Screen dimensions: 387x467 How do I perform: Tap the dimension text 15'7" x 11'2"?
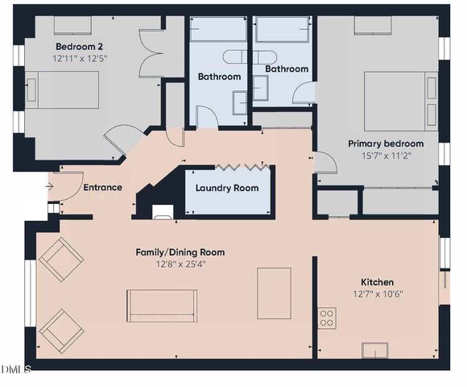(379, 156)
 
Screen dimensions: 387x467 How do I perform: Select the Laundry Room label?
(227, 188)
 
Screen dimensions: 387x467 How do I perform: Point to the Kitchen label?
(377, 282)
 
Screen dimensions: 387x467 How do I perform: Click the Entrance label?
(103, 188)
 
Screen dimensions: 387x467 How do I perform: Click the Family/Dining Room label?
(180, 252)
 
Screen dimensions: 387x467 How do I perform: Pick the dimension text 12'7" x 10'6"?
(377, 294)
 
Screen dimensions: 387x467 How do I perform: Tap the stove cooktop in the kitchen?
(327, 318)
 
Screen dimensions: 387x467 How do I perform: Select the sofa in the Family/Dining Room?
(162, 306)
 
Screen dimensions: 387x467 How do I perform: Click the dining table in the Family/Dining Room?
(274, 293)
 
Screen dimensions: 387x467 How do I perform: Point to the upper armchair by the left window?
(61, 259)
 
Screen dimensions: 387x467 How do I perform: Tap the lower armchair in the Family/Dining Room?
(61, 330)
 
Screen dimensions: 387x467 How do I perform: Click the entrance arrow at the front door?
(49, 187)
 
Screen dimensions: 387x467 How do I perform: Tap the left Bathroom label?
(219, 77)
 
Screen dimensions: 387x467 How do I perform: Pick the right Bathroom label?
(287, 69)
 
